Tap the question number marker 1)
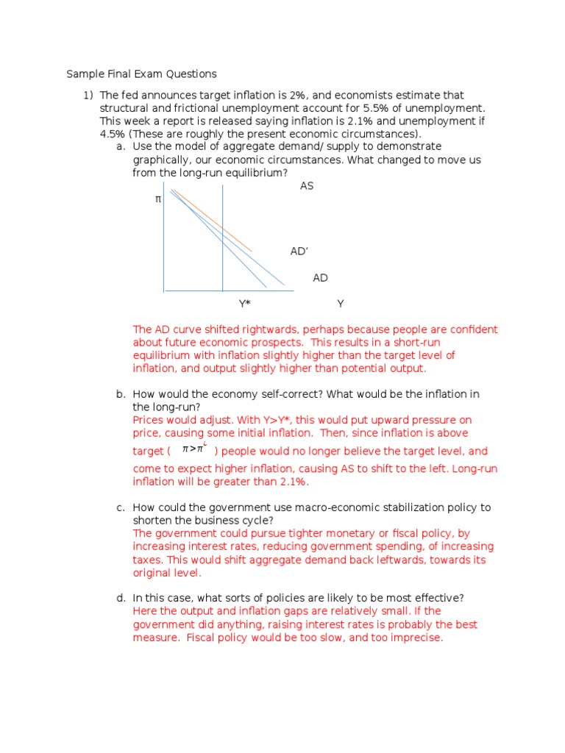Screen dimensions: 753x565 pos(88,96)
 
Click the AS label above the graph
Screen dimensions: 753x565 pos(307,186)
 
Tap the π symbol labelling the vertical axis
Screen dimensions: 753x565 pos(157,199)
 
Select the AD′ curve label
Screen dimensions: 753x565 pos(299,251)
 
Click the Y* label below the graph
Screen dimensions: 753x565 pos(244,303)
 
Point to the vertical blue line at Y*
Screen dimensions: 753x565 pos(223,257)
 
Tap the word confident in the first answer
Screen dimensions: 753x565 pos(472,329)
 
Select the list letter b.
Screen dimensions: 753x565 pos(120,394)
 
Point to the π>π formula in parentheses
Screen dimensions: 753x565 pos(193,449)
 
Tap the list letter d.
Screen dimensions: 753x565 pos(120,598)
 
